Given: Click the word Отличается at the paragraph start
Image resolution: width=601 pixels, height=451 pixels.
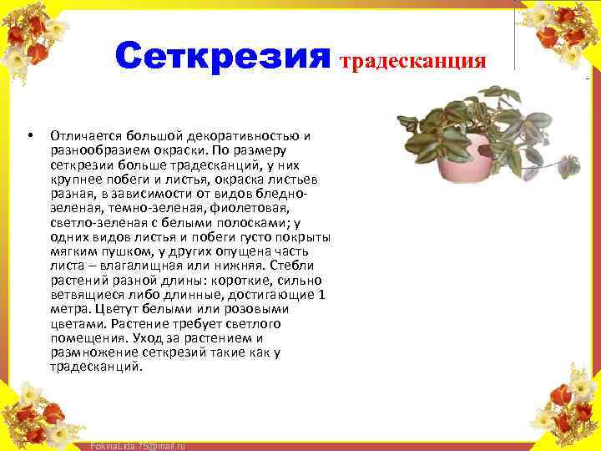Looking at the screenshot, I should click(x=84, y=134).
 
